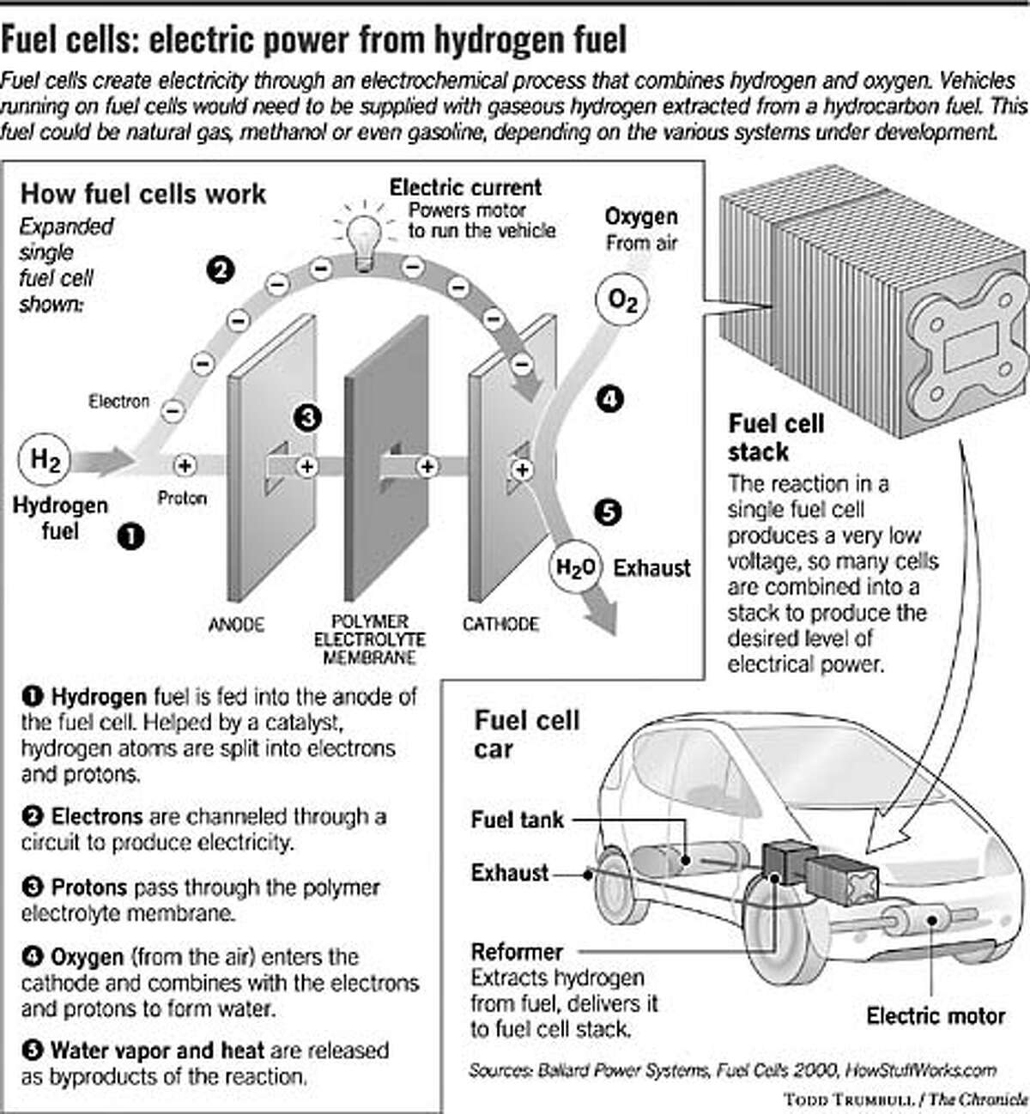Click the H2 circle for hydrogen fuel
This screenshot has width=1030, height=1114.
[x=45, y=461]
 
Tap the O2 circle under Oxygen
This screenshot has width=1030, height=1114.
[x=622, y=300]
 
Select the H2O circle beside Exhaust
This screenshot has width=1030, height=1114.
[x=575, y=568]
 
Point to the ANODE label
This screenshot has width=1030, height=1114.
[x=236, y=624]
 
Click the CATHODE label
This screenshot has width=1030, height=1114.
[x=500, y=624]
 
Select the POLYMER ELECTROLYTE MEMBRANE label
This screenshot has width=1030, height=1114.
[x=370, y=639]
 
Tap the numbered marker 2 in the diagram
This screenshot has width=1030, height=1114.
[x=220, y=271]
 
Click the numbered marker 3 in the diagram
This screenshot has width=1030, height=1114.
[x=307, y=418]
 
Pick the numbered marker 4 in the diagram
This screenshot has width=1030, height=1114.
[x=609, y=399]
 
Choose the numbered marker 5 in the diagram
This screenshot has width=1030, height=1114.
[x=607, y=512]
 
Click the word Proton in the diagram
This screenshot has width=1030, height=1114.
[x=182, y=498]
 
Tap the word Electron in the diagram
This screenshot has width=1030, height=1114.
[x=118, y=401]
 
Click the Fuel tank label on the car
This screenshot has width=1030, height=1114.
[x=517, y=820]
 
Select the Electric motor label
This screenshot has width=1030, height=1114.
[x=935, y=1016]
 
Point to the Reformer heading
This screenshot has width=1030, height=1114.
[x=516, y=952]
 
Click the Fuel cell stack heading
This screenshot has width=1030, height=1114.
[x=776, y=437]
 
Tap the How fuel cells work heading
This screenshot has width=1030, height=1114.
[x=143, y=194]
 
